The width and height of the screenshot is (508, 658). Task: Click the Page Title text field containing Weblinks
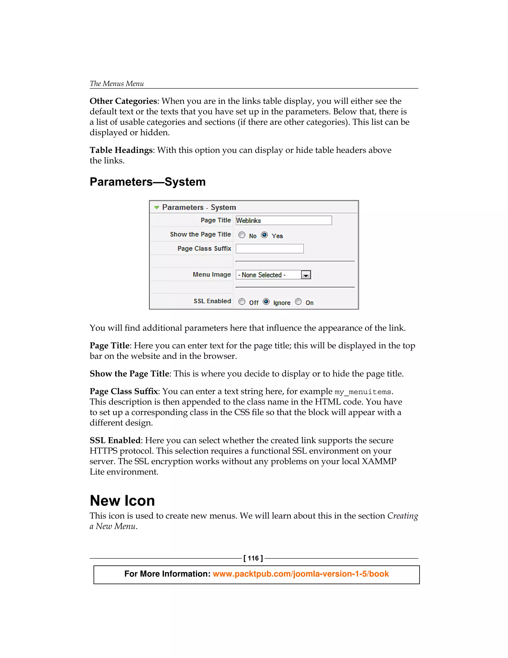pyautogui.click(x=284, y=220)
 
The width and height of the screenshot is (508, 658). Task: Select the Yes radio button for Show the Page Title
pyautogui.click(x=264, y=235)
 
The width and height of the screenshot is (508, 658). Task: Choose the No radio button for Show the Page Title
pyautogui.click(x=242, y=235)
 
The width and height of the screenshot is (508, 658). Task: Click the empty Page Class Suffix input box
pyautogui.click(x=269, y=249)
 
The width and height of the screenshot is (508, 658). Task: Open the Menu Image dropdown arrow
pyautogui.click(x=306, y=275)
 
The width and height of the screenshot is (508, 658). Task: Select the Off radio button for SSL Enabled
pyautogui.click(x=242, y=302)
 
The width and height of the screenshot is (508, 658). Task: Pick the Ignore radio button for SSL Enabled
pyautogui.click(x=266, y=302)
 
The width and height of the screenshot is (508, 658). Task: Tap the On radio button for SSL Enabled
pyautogui.click(x=298, y=302)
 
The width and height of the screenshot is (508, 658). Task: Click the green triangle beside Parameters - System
pyautogui.click(x=157, y=207)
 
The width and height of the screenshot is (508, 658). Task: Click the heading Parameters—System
pyautogui.click(x=148, y=182)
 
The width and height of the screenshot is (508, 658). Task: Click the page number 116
pyautogui.click(x=253, y=558)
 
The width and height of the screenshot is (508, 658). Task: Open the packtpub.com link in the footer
pyautogui.click(x=301, y=574)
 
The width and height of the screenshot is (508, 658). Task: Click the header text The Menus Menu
pyautogui.click(x=117, y=83)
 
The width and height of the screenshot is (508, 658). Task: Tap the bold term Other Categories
pyautogui.click(x=123, y=101)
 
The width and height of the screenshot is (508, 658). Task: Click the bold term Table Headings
pyautogui.click(x=121, y=150)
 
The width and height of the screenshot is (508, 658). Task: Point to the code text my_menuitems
pyautogui.click(x=363, y=392)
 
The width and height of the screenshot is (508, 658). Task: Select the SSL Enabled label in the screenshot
pyautogui.click(x=212, y=301)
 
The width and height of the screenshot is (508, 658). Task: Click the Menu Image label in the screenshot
pyautogui.click(x=212, y=274)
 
